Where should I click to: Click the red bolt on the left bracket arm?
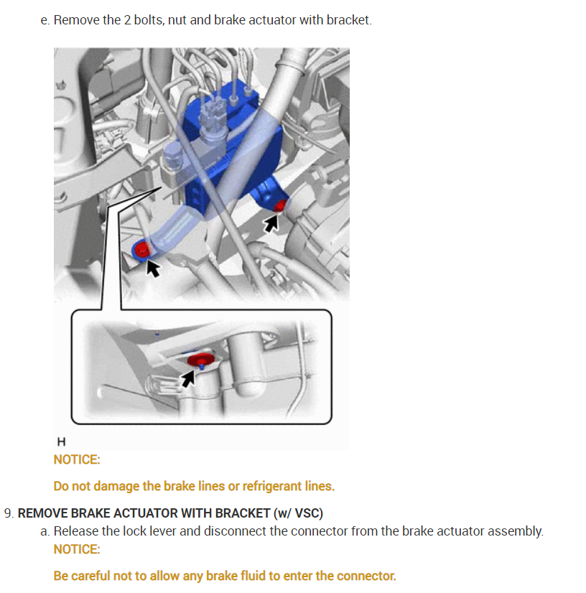(142, 250)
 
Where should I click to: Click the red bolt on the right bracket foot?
(280, 206)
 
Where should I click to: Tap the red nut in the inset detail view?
(201, 360)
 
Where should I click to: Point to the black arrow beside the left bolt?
(153, 268)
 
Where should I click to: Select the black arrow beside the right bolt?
(271, 223)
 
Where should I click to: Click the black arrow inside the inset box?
(188, 378)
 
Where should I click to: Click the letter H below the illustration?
(61, 442)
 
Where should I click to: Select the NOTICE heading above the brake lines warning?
(77, 459)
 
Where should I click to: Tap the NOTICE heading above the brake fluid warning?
(77, 549)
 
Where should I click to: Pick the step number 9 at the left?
(9, 513)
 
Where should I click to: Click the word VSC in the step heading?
(307, 513)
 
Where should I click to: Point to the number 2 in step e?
(128, 20)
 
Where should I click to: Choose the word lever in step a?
(164, 531)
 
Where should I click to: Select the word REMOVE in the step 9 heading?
(42, 513)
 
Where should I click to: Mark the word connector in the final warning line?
(366, 576)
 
